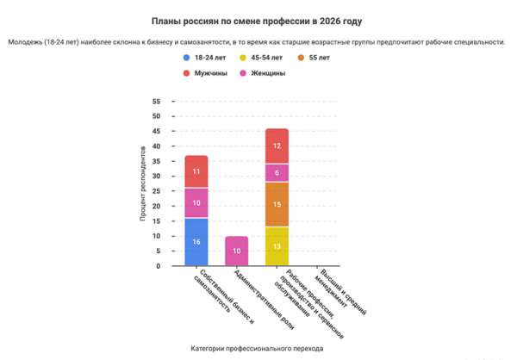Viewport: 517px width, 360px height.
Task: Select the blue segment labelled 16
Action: click(196, 242)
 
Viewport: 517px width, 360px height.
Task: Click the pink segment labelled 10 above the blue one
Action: click(196, 202)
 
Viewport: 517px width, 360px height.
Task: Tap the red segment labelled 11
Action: click(196, 171)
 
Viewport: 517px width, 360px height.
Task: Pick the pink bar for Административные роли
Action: click(236, 251)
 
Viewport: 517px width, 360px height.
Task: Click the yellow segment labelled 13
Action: click(277, 246)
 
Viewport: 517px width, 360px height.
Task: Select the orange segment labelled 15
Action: click(277, 204)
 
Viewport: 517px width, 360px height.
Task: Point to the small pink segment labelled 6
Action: click(277, 172)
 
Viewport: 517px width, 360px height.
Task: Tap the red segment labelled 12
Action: click(277, 146)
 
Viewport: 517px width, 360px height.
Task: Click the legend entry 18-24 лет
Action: click(209, 57)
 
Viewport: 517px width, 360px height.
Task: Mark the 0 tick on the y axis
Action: click(159, 266)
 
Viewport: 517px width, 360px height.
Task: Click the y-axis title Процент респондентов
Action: click(143, 183)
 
